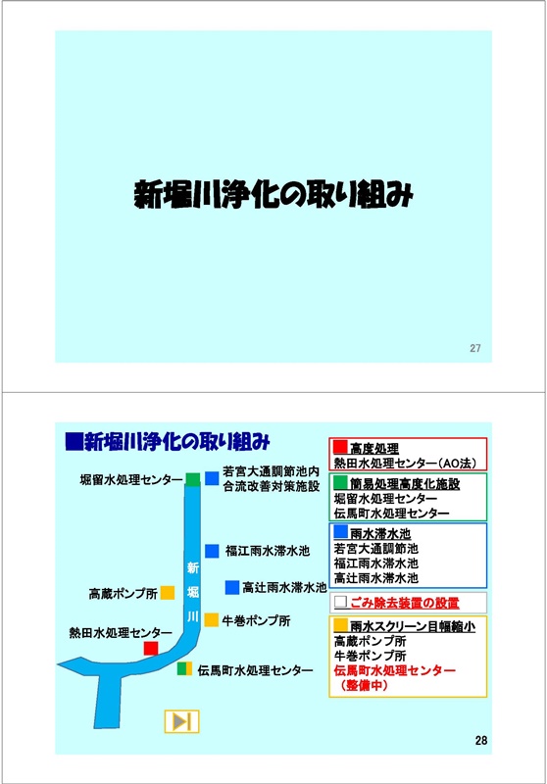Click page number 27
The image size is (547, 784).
tap(475, 348)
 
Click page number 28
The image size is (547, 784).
tap(481, 741)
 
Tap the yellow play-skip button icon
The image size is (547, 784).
tap(182, 721)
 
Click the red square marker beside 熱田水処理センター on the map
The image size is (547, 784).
tap(151, 649)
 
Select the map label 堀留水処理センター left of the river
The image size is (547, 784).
tap(131, 480)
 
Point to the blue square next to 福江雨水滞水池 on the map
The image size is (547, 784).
tap(212, 551)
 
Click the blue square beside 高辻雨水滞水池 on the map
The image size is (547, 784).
tap(232, 587)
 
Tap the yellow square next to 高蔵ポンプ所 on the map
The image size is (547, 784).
tap(168, 593)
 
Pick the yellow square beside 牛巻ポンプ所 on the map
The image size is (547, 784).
tap(212, 620)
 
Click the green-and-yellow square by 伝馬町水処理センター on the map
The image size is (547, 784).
tap(184, 669)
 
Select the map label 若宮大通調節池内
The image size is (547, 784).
tap(271, 471)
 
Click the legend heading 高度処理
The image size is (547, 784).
tap(374, 448)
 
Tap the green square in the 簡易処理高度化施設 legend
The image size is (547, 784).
tap(340, 482)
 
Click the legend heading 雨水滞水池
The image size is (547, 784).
tap(380, 533)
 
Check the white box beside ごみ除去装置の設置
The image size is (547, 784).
tap(340, 602)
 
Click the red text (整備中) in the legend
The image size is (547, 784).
tap(364, 685)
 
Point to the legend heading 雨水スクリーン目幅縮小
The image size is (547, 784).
tap(412, 626)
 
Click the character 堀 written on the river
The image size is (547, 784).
tap(193, 593)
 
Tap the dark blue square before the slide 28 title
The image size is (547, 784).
tap(73, 442)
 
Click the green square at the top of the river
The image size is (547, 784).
tap(193, 478)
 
